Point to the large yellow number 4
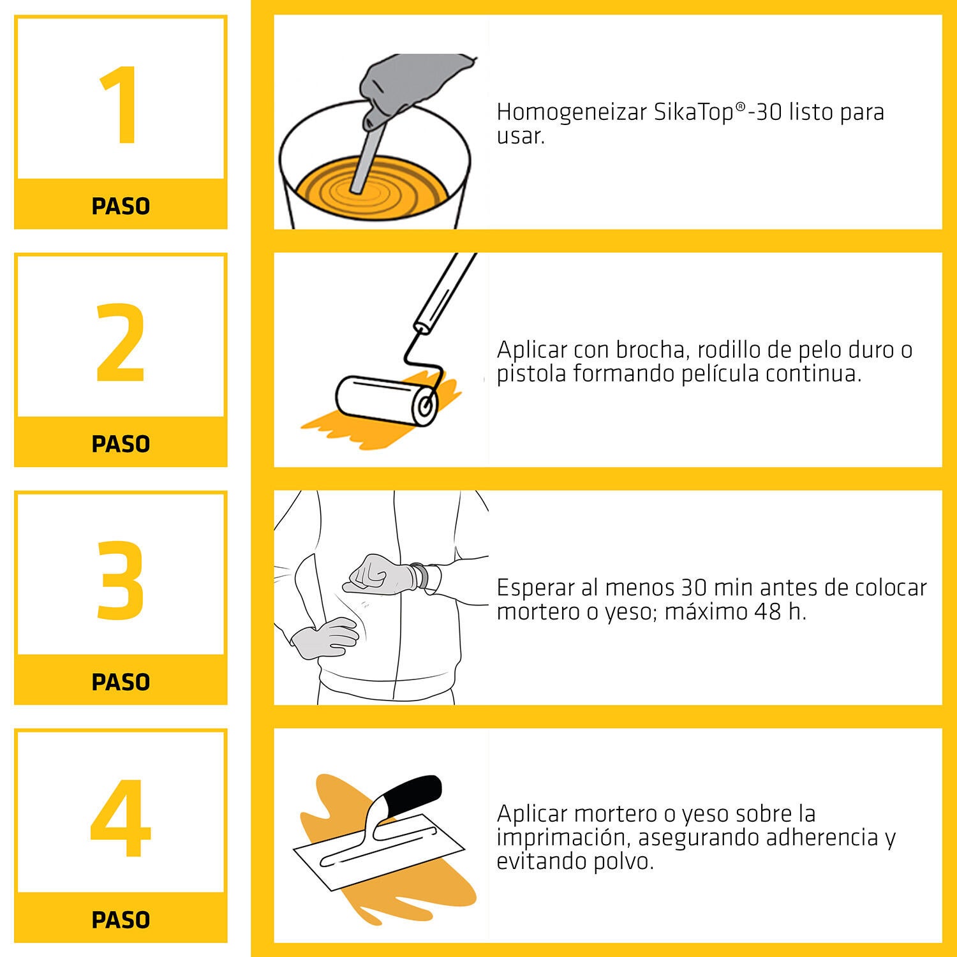(x=121, y=818)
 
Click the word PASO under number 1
(x=121, y=206)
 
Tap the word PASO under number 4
(x=121, y=919)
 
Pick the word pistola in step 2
(x=532, y=374)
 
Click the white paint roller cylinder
(x=383, y=400)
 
